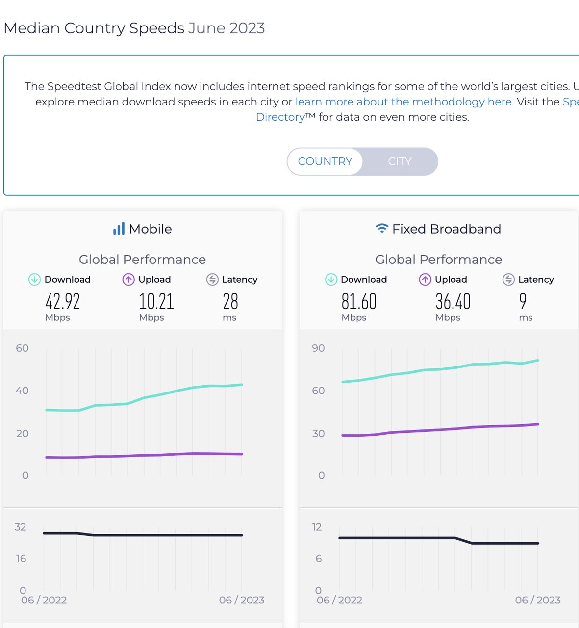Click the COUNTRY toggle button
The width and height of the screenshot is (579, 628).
click(x=325, y=161)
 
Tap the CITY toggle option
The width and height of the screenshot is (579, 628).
click(x=400, y=161)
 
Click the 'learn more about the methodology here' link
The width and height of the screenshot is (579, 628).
click(x=403, y=102)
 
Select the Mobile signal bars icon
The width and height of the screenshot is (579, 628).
click(x=119, y=229)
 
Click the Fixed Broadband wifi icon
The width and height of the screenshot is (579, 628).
click(x=381, y=228)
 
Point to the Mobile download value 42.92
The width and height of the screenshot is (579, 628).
click(x=62, y=301)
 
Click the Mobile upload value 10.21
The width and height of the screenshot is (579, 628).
click(x=156, y=301)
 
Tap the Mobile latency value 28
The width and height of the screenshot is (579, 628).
click(x=230, y=301)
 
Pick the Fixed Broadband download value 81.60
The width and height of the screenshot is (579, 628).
click(x=359, y=301)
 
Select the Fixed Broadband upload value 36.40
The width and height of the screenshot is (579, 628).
click(x=453, y=301)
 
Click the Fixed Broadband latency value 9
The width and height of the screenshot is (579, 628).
click(x=523, y=301)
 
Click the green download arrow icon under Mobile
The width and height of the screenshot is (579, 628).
click(x=34, y=279)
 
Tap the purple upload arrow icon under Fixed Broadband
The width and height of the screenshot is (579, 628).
click(x=425, y=279)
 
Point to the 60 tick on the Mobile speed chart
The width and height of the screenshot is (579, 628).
click(x=22, y=348)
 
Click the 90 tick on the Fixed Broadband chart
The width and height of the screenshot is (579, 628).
click(x=318, y=348)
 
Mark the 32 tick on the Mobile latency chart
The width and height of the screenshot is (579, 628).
click(x=20, y=527)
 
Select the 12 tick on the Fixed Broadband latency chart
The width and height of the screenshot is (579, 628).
click(x=317, y=527)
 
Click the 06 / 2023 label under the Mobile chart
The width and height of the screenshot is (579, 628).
click(x=242, y=600)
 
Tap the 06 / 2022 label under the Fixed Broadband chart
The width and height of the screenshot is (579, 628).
click(x=339, y=600)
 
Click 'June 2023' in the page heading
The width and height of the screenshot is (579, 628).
click(x=227, y=28)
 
